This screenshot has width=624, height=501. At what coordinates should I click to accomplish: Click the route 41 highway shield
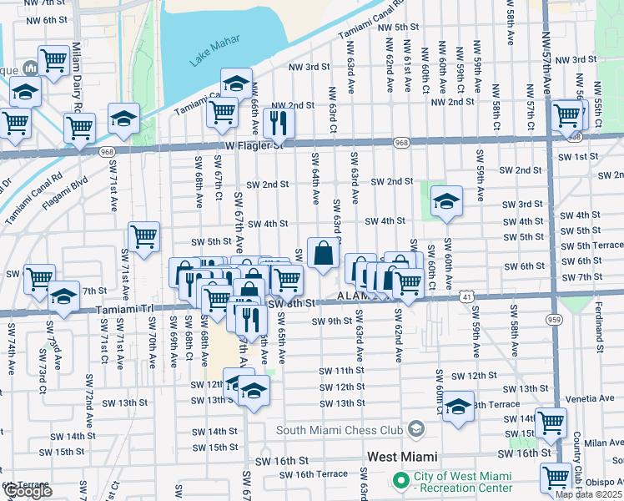click(464, 296)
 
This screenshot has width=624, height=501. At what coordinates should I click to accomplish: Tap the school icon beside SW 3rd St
click(446, 201)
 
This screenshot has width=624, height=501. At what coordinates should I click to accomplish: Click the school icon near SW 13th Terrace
click(458, 407)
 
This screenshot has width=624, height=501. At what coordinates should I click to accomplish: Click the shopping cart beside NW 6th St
click(54, 59)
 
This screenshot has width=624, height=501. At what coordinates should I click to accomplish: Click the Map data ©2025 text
click(588, 494)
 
